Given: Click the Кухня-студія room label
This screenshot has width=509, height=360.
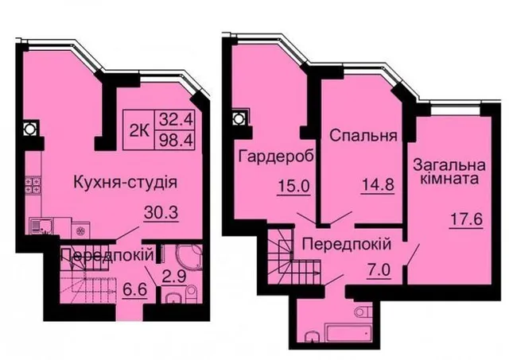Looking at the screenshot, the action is [x=126, y=183].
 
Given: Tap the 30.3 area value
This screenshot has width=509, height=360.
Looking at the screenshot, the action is [x=161, y=213].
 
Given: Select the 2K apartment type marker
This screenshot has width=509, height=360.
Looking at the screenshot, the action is [x=140, y=131].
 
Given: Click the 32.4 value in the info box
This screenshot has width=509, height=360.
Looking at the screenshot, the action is [x=176, y=120].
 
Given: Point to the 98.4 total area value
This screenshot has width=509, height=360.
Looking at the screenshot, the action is [x=176, y=140].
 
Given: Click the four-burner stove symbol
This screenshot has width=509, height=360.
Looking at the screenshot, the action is [x=33, y=185].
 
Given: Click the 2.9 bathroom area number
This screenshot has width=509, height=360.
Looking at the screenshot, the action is [x=174, y=277].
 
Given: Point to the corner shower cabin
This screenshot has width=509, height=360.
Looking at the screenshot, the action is [x=189, y=256].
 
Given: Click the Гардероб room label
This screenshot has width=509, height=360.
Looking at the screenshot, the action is [x=277, y=157].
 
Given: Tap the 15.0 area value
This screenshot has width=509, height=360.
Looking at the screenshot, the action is [x=293, y=187].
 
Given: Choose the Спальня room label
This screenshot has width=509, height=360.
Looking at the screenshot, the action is [x=363, y=136].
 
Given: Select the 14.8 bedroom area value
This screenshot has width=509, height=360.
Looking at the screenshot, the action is [x=378, y=185].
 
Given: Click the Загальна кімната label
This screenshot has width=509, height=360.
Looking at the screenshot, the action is [x=449, y=172].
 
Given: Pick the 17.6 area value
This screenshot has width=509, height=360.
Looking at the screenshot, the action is [x=467, y=219].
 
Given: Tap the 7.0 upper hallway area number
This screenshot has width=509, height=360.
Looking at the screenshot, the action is [x=379, y=270].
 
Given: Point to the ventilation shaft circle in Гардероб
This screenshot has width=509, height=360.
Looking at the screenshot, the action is [x=239, y=119].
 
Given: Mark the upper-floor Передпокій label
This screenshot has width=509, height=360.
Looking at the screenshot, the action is [x=347, y=244].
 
